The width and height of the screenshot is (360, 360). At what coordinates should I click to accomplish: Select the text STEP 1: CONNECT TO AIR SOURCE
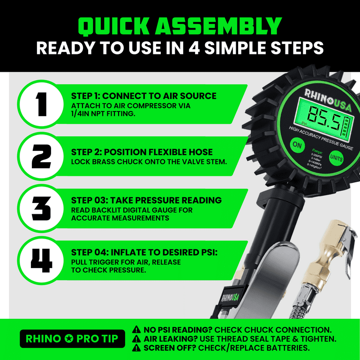143,96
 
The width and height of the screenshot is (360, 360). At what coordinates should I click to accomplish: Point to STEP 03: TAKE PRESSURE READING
146,200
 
